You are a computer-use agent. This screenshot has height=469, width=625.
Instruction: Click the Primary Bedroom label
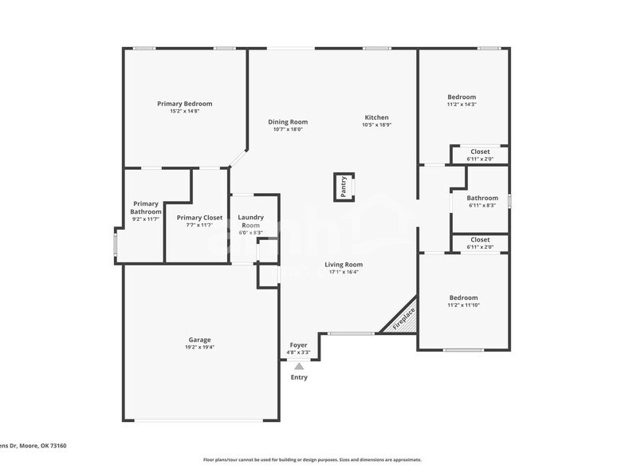pyautogui.click(x=184, y=104)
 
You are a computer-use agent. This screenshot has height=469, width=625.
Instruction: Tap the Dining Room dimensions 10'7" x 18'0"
pyautogui.click(x=287, y=129)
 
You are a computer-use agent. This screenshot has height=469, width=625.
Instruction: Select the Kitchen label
pyautogui.click(x=376, y=117)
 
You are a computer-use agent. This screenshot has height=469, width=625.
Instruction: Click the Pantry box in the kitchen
pyautogui.click(x=344, y=187)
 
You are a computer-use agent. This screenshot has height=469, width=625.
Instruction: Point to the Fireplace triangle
pyautogui.click(x=403, y=318)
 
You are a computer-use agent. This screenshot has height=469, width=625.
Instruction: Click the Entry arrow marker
pyautogui.click(x=299, y=366)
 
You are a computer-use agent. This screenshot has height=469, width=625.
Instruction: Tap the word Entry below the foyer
pyautogui.click(x=299, y=377)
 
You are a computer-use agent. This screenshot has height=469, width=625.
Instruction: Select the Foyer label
pyautogui.click(x=298, y=345)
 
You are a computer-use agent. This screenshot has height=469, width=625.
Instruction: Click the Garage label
pyautogui.click(x=199, y=340)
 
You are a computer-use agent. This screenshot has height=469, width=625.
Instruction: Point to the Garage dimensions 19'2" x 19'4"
pyautogui.click(x=199, y=347)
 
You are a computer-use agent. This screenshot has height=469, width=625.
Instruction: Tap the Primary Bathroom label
pyautogui.click(x=146, y=207)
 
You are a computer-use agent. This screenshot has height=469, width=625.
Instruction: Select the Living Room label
pyautogui.click(x=344, y=264)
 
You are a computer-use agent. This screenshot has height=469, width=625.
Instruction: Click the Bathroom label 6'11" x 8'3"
pyautogui.click(x=482, y=199)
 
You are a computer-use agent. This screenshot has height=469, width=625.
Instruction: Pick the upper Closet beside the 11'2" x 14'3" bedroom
pyautogui.click(x=480, y=152)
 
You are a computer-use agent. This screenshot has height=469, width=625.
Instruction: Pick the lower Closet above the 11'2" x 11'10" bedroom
pyautogui.click(x=480, y=239)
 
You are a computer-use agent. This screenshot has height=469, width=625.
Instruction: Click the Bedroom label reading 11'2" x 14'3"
pyautogui.click(x=461, y=97)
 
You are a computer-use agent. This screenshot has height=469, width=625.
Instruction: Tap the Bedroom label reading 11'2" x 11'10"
pyautogui.click(x=463, y=298)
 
